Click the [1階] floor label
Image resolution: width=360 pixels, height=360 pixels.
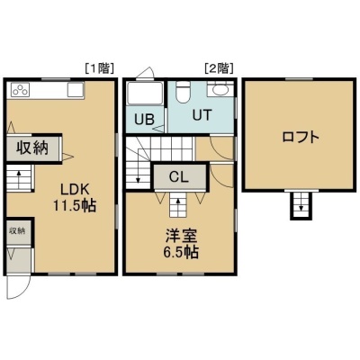tap(99, 69)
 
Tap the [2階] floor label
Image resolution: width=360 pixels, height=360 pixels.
tap(219, 69)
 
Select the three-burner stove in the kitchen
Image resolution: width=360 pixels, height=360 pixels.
tap(21, 90)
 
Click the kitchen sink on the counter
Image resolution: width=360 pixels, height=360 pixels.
tap(75, 90)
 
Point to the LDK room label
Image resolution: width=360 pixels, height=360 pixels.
tap(75, 190)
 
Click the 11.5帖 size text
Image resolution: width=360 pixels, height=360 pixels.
tap(75, 206)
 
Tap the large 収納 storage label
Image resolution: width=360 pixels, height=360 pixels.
tap(32, 148)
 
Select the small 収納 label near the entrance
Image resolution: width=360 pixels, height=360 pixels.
tap(17, 230)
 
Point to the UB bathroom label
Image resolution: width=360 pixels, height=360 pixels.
tap(144, 120)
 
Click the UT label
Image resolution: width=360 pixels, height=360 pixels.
tap(202, 115)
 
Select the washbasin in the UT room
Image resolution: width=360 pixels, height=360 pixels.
tap(220, 89)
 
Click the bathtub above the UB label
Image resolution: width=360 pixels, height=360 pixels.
tap(145, 93)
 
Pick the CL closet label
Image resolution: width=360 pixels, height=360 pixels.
tap(179, 177)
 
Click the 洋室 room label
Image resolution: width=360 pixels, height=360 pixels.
tap(182, 236)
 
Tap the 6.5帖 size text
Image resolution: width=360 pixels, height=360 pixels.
tap(181, 252)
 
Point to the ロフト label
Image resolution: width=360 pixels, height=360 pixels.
tap(301, 138)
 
